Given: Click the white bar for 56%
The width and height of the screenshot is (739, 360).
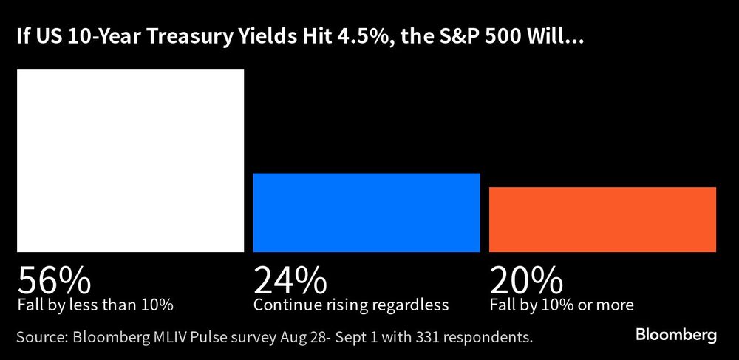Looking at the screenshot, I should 130,160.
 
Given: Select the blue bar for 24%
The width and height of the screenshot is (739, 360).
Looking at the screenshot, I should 367,213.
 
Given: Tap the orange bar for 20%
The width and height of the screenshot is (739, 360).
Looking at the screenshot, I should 602,220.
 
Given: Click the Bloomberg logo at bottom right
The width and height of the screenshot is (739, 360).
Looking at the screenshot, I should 676,336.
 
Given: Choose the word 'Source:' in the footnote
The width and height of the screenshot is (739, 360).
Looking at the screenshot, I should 41,337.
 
